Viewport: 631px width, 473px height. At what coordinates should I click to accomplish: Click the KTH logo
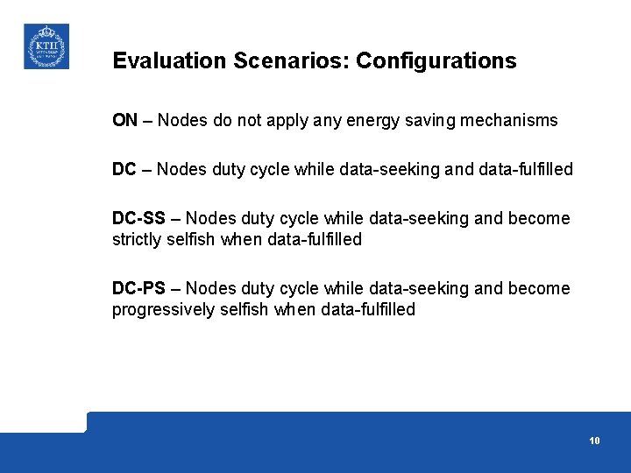tap(46, 46)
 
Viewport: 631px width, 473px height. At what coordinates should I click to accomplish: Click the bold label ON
tap(124, 121)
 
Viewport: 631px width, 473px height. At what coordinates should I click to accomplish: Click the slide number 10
tap(594, 441)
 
